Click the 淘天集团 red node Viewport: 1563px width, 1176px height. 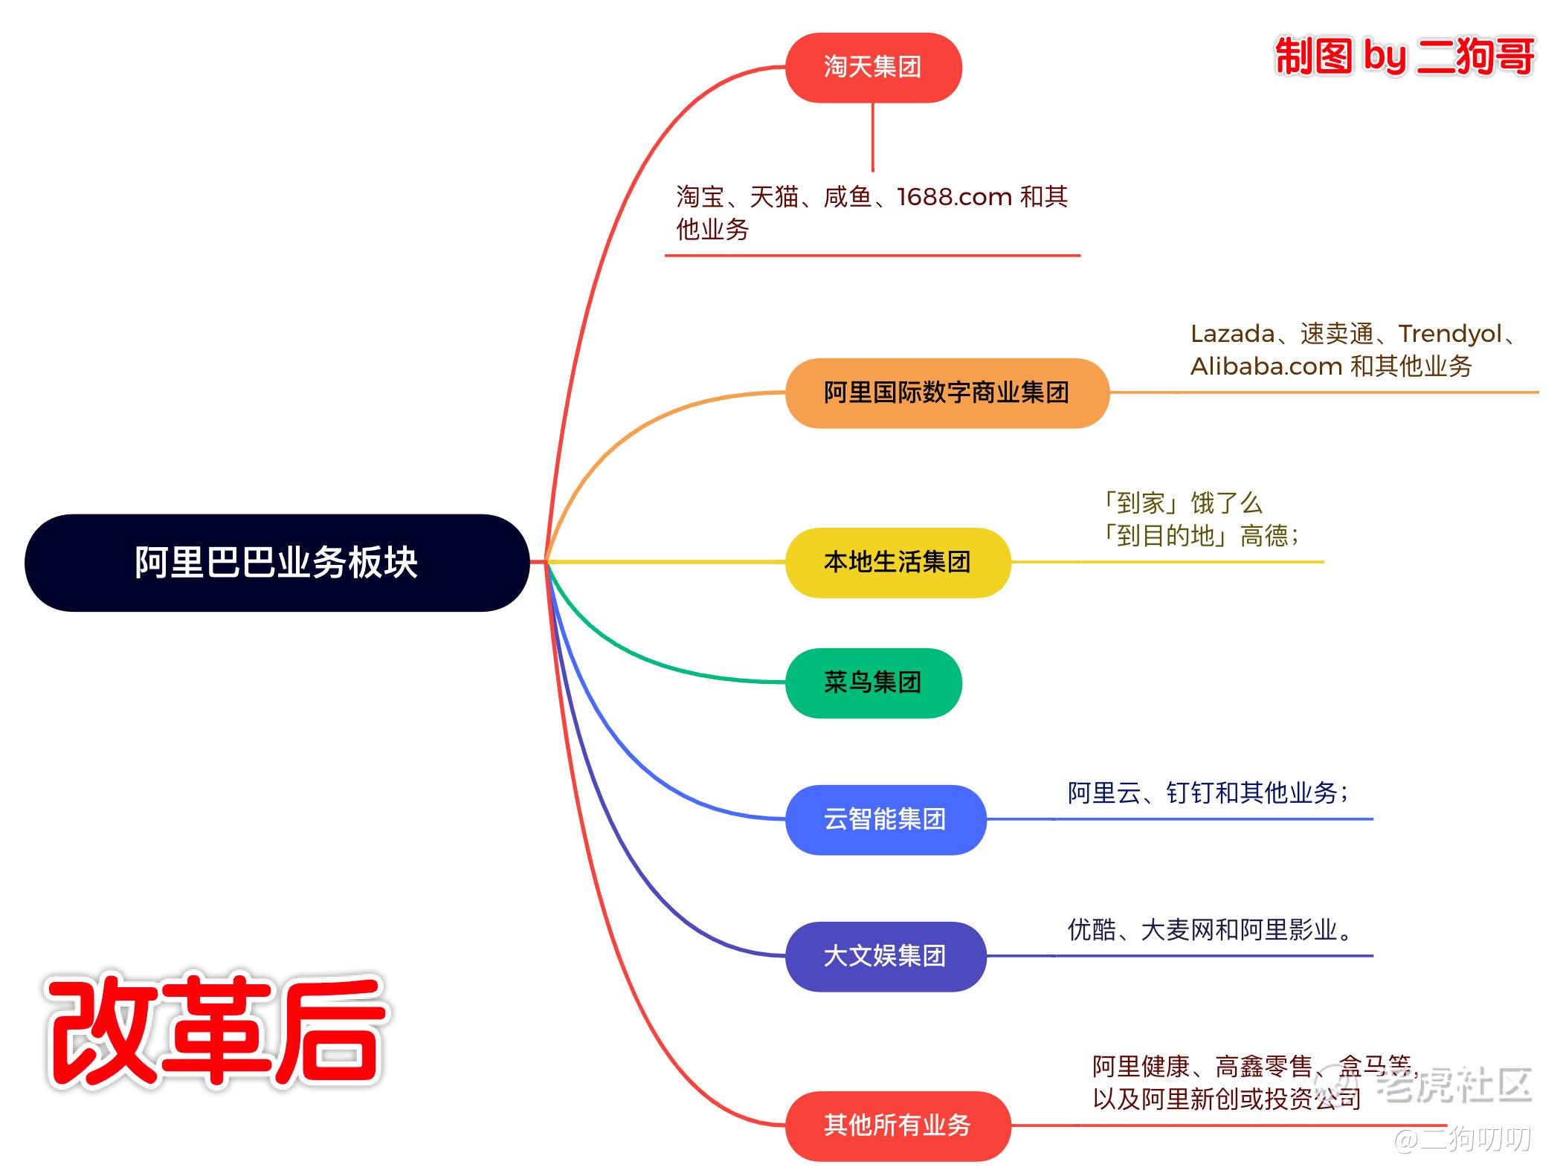(873, 68)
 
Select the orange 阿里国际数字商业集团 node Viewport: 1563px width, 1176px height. (947, 392)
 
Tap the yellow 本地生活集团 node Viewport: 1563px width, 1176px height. (897, 562)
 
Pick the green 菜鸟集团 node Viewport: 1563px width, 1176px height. (873, 682)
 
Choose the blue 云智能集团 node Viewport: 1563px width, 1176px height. (885, 819)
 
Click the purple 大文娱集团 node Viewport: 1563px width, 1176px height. (885, 956)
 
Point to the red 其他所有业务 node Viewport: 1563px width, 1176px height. (897, 1125)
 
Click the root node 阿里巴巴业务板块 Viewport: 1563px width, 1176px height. (277, 563)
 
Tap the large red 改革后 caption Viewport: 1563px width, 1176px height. (216, 1031)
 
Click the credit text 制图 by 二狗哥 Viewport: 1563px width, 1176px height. (1404, 56)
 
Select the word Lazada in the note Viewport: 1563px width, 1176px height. (1232, 334)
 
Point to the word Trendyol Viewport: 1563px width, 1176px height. (1450, 334)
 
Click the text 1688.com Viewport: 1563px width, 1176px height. (954, 197)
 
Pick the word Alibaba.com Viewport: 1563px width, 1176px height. (1266, 366)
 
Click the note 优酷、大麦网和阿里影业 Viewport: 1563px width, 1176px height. (1209, 930)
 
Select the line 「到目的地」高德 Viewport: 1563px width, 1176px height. (1200, 536)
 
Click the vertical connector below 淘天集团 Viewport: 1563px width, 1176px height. (872, 138)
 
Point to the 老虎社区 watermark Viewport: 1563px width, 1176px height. (1454, 1085)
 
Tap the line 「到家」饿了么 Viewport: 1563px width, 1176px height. (1183, 503)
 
